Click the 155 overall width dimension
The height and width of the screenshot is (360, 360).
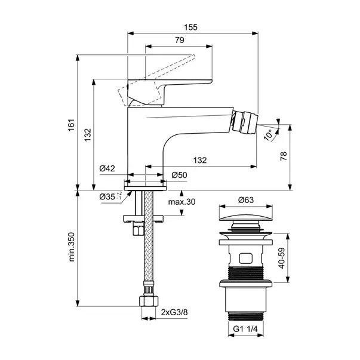[x=190, y=27]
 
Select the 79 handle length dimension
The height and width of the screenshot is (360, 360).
[x=180, y=40]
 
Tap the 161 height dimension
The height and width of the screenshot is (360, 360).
[x=71, y=125]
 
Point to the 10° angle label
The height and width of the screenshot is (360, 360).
[x=268, y=134]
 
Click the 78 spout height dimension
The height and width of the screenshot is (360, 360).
[x=284, y=156]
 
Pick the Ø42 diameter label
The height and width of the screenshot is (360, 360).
[x=107, y=168]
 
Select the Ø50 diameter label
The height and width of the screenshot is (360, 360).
[x=179, y=175]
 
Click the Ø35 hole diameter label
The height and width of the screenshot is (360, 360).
[x=110, y=196]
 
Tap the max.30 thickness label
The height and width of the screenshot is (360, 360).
[x=181, y=202]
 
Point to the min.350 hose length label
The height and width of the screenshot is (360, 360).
[x=72, y=247]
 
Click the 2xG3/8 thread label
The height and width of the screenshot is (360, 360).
[x=174, y=312]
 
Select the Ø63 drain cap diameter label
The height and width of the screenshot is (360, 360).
[x=245, y=200]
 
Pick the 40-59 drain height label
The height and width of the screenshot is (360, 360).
[x=281, y=258]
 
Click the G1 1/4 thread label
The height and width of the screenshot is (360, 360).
[x=245, y=329]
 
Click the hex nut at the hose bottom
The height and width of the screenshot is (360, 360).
[x=149, y=301]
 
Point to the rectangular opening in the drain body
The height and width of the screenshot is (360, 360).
[x=246, y=259]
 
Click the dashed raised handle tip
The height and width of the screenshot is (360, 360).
[x=193, y=56]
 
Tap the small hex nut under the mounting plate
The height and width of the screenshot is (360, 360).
[x=139, y=230]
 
